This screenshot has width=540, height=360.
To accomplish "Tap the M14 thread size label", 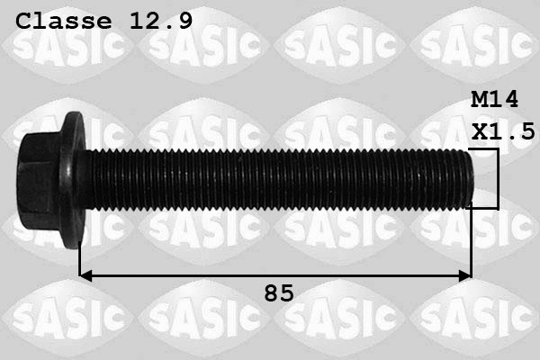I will pyautogui.click(x=494, y=99).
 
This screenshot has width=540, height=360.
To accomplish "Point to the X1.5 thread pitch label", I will pyautogui.click(x=502, y=131).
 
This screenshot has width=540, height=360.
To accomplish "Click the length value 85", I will pyautogui.click(x=278, y=293).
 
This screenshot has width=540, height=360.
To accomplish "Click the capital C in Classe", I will pyautogui.click(x=24, y=21).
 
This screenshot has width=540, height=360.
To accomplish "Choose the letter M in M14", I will pyautogui.click(x=479, y=99).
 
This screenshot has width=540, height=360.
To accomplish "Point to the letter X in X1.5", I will pyautogui.click(x=479, y=131).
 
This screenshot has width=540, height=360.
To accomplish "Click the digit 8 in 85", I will pyautogui.click(x=270, y=293).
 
